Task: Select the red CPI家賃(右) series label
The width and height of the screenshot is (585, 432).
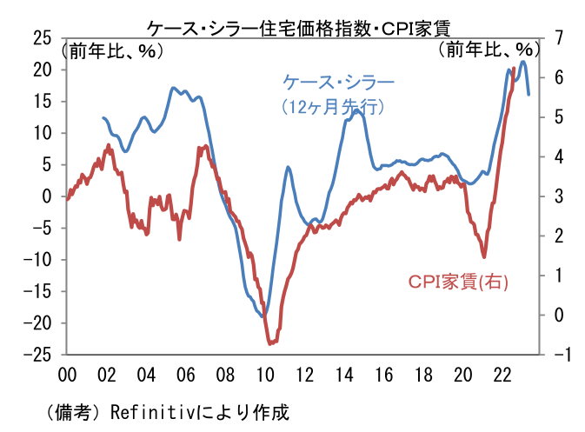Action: click(459, 282)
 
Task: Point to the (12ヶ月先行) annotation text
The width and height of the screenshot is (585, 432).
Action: click(334, 108)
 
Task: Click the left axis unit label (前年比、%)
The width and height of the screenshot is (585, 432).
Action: click(110, 50)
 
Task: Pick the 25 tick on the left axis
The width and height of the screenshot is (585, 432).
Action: click(42, 37)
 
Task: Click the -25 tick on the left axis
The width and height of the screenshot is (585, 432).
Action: click(38, 355)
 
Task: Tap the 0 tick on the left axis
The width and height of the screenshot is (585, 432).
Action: click(47, 196)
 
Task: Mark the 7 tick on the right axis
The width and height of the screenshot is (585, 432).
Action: click(556, 37)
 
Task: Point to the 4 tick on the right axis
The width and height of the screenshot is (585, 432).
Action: click(556, 156)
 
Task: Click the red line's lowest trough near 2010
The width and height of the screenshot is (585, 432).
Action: click(270, 343)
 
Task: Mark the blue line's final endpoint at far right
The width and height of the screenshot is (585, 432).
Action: click(528, 94)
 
